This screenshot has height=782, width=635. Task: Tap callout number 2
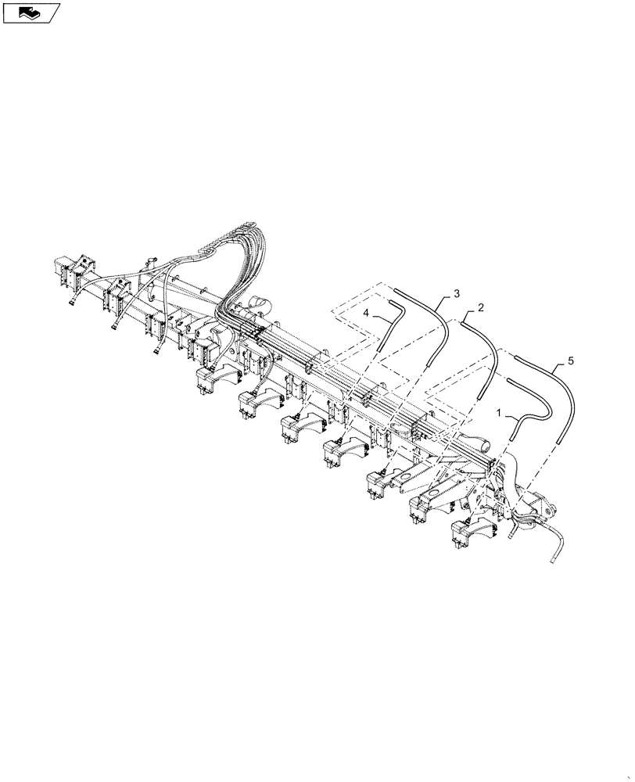481,307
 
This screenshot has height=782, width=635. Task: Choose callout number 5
570,361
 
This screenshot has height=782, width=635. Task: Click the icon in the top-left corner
31,13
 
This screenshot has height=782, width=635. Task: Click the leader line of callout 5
558,366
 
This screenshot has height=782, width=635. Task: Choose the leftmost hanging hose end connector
73,301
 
